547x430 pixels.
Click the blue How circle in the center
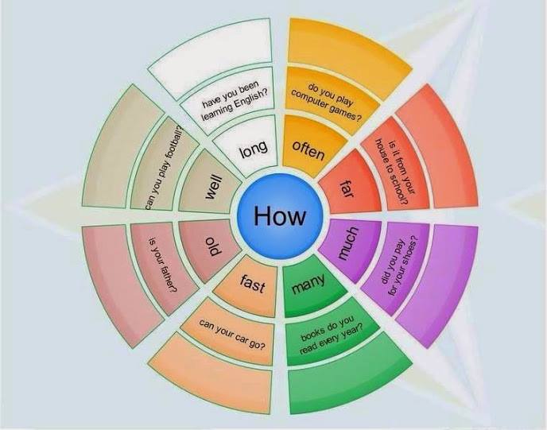point(280,216)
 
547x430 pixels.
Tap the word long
point(254,149)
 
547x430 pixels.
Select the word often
point(308,150)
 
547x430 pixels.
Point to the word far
point(347,188)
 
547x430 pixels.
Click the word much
point(348,243)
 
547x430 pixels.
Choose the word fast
point(253,283)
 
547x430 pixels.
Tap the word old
point(212,246)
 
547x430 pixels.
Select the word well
point(213,188)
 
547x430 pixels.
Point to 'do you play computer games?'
point(326,101)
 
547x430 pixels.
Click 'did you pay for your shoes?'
point(399,267)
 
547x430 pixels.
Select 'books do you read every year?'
point(332,335)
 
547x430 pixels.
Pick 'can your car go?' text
point(232,333)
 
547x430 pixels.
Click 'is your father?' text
point(162,265)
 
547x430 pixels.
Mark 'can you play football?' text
point(165,168)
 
